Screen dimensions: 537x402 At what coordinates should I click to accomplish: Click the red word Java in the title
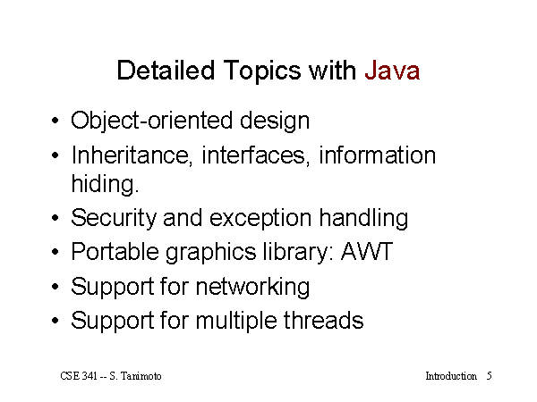[x=392, y=71]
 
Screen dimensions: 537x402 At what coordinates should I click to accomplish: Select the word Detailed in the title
[x=166, y=71]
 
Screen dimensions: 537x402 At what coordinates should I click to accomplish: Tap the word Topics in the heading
[x=262, y=71]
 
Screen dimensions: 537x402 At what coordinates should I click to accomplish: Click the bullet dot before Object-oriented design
[x=55, y=121]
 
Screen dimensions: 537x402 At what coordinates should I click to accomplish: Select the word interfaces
[x=256, y=155]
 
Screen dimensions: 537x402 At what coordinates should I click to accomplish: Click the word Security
[x=114, y=219]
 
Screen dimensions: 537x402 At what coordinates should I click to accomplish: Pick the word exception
[x=260, y=220]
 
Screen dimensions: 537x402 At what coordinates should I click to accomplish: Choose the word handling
[x=363, y=220]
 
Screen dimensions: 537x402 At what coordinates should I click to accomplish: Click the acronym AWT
[x=366, y=252]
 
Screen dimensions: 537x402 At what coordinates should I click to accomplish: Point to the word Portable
[x=115, y=252]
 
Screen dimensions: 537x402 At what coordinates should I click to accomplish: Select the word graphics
[x=211, y=254]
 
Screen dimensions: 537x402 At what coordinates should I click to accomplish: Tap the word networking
[x=252, y=287]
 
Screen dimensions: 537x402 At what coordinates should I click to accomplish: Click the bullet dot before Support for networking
[x=55, y=287]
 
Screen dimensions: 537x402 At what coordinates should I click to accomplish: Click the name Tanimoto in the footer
[x=141, y=376]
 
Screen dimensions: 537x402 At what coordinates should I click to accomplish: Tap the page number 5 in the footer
[x=489, y=376]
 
